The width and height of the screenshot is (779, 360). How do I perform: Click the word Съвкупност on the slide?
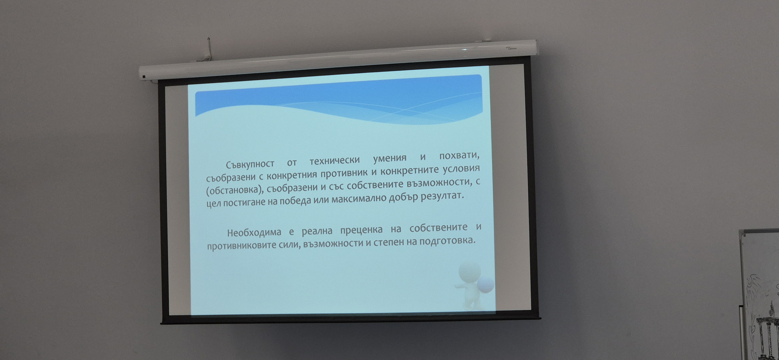tap(250, 164)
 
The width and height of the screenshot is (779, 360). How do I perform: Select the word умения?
tap(390, 158)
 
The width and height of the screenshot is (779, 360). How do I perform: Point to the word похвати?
tap(460, 156)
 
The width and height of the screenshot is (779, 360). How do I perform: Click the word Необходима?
tap(254, 232)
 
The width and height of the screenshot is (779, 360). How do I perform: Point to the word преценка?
tap(361, 230)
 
